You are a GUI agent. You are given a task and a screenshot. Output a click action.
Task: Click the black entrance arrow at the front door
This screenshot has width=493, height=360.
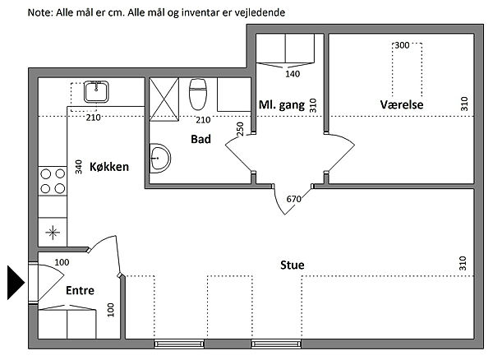[x=15, y=283]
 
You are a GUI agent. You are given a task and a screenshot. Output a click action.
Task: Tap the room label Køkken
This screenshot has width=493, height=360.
[x=109, y=167]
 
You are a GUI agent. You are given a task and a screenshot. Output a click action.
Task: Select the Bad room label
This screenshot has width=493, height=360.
[x=200, y=139]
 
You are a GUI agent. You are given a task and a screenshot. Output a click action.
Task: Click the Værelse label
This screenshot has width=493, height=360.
[x=402, y=104]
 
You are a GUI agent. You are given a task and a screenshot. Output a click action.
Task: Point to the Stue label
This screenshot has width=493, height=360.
[x=292, y=265]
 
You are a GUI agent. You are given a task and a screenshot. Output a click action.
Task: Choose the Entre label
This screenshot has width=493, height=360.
[x=80, y=290]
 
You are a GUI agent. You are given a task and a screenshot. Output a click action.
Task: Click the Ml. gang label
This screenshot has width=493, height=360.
[x=282, y=105]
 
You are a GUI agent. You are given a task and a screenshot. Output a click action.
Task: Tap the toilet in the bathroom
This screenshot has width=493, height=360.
[x=198, y=94]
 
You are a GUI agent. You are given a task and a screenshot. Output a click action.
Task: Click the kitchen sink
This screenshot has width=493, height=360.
[x=96, y=92]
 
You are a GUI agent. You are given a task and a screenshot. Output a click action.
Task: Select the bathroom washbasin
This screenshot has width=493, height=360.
[x=159, y=158]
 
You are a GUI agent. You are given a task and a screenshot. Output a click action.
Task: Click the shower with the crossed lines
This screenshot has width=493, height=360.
[x=164, y=99]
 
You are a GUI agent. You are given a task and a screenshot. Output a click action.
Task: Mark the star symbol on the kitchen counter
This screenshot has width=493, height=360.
[x=53, y=233]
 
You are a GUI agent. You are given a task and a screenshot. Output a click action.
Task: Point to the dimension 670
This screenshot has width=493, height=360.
[x=293, y=199]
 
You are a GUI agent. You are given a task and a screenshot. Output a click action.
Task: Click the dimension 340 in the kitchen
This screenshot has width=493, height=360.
[x=79, y=167]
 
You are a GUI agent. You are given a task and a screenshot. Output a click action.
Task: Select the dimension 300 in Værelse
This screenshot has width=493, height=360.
[x=402, y=45]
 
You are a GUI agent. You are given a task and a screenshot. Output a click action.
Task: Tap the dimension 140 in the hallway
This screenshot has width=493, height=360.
[x=293, y=74]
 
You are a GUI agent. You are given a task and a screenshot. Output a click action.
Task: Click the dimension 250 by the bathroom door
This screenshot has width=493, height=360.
[x=240, y=128]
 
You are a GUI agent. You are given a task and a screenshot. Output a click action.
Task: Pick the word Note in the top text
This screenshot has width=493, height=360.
[x=40, y=12]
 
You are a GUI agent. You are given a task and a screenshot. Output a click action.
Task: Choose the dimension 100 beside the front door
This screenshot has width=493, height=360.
[x=62, y=262]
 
